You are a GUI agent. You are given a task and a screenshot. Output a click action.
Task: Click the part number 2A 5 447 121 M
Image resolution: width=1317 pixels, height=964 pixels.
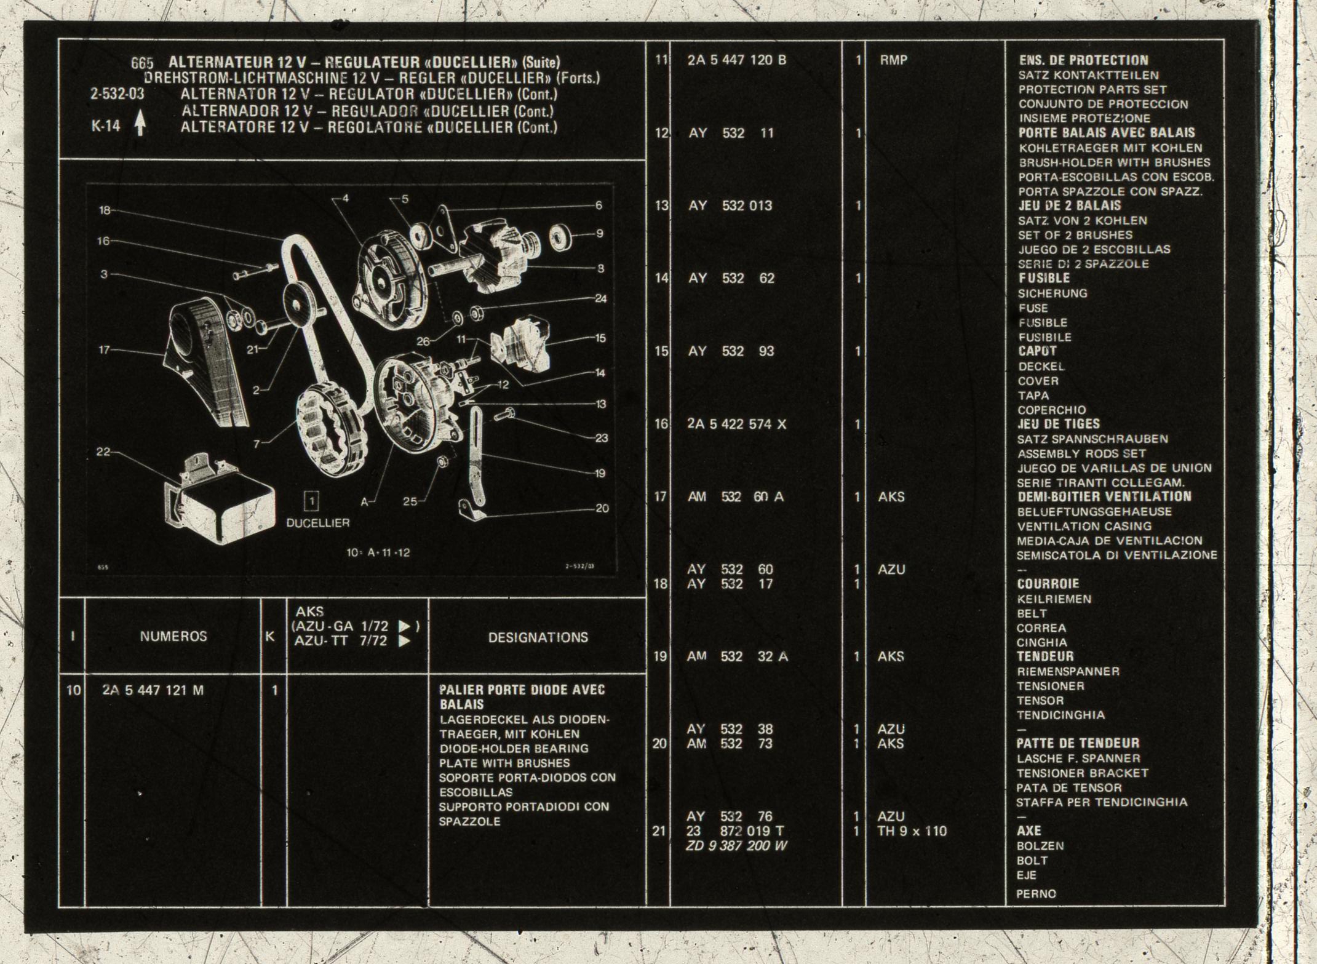(x=153, y=690)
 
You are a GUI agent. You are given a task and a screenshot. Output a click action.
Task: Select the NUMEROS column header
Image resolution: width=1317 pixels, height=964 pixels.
(x=173, y=636)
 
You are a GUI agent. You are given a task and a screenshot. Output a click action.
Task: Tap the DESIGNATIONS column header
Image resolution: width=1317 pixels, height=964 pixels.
(x=538, y=637)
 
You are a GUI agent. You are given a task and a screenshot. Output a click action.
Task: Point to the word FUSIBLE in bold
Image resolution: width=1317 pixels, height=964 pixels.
(x=1044, y=278)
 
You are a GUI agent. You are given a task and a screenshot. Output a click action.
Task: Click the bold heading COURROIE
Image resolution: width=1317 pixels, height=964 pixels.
(x=1048, y=584)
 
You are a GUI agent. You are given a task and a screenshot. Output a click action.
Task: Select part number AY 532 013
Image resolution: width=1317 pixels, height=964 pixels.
(x=730, y=205)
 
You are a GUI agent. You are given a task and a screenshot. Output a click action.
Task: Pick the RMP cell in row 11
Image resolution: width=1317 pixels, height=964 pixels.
(x=893, y=60)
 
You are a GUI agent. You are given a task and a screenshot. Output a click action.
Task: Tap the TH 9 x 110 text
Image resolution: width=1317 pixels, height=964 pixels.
(x=912, y=831)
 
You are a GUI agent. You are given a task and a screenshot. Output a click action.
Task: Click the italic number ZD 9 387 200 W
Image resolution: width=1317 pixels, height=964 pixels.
(x=736, y=846)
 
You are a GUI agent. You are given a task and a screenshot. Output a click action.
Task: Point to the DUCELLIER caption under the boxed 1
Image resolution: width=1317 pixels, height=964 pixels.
(x=318, y=523)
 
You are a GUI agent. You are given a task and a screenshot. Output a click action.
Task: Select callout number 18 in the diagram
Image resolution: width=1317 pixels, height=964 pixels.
(x=105, y=210)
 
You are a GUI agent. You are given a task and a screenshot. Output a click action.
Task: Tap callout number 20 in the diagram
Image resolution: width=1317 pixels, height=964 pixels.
(x=602, y=508)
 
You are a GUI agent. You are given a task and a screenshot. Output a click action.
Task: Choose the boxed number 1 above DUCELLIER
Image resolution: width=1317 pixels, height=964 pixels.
(x=312, y=501)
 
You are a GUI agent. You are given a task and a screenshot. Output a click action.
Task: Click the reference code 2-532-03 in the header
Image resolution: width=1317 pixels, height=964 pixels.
(x=117, y=95)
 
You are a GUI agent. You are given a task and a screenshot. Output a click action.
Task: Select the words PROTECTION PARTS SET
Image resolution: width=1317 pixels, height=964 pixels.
(x=1092, y=90)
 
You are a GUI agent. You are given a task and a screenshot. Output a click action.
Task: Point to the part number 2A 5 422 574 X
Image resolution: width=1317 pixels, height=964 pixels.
(x=737, y=424)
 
